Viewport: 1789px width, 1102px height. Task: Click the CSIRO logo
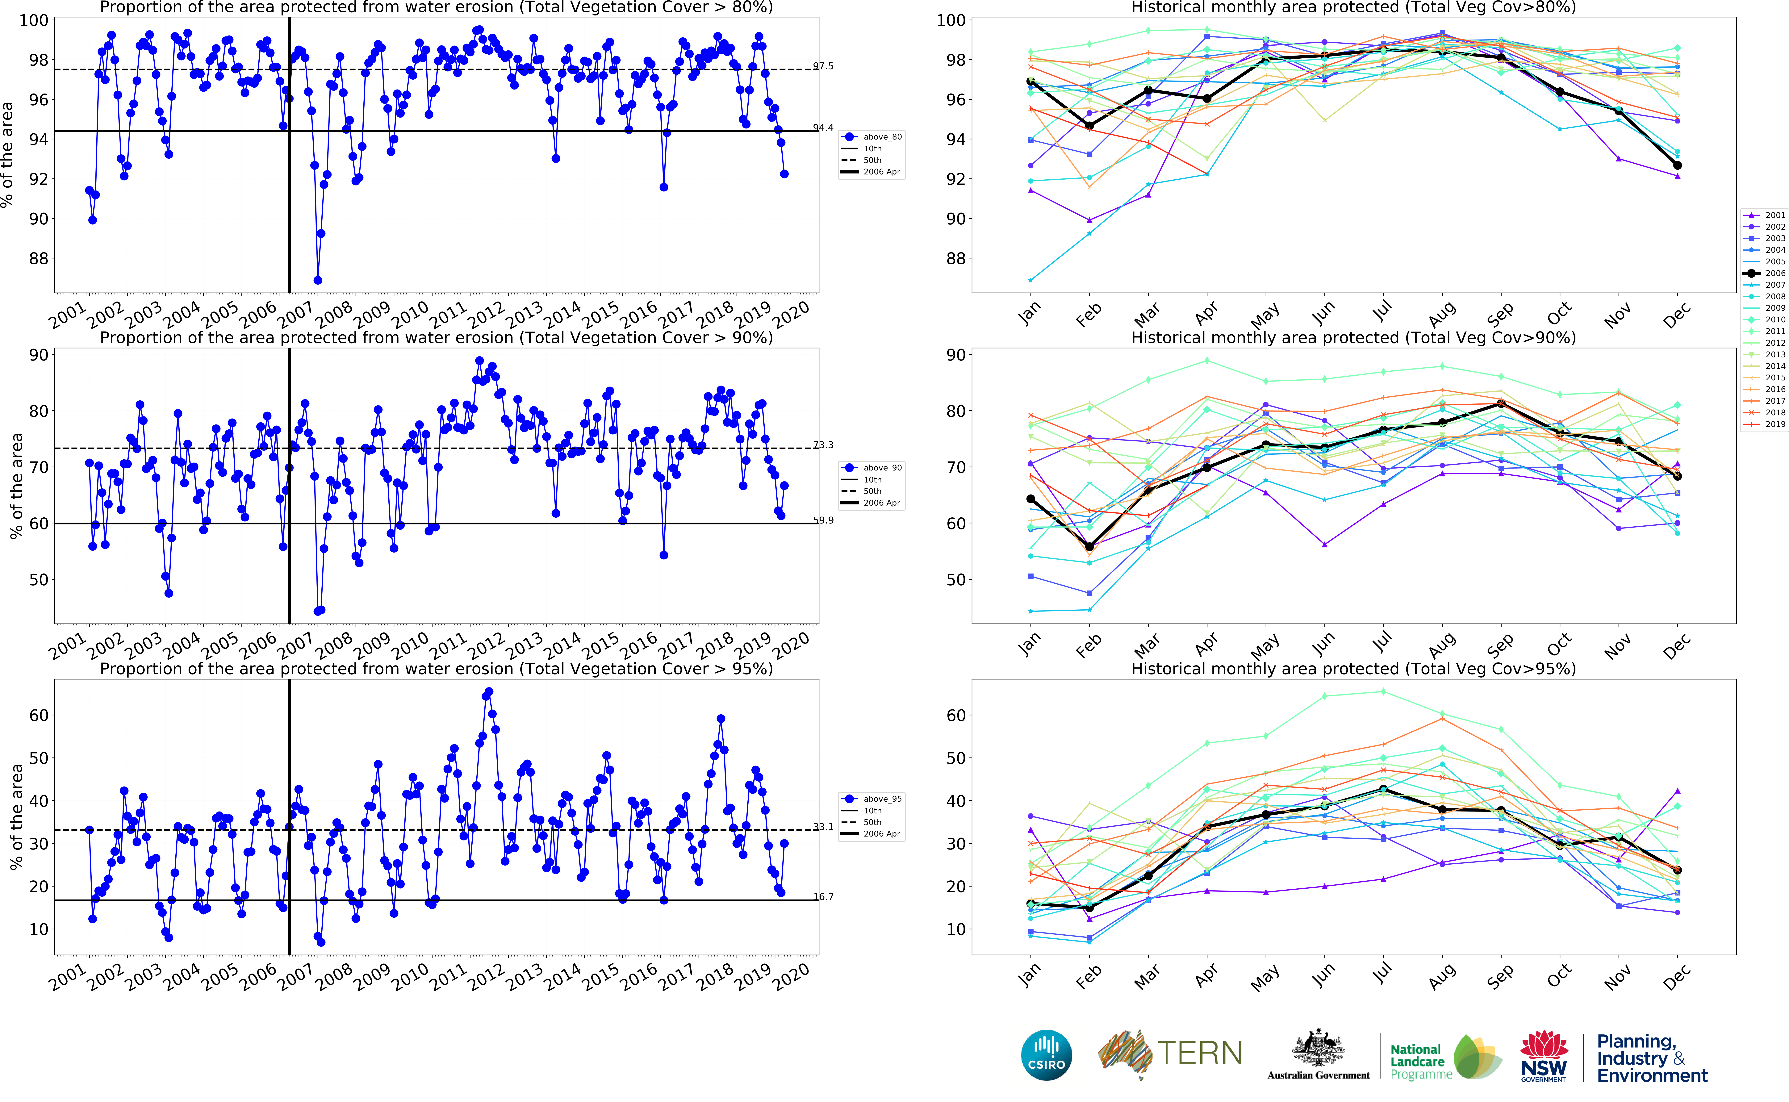1047,1055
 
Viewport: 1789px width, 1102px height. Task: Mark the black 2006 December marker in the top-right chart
1677,165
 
